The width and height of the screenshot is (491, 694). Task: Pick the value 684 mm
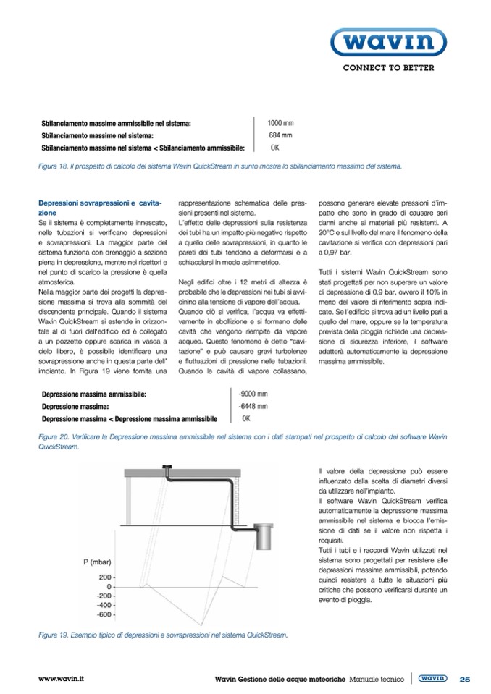(280, 135)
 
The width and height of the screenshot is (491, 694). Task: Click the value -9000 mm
(253, 394)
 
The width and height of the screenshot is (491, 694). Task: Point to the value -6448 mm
(253, 406)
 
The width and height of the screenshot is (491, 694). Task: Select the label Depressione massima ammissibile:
(94, 394)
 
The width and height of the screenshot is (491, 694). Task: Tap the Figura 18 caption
(219, 166)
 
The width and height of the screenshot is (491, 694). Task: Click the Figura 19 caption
(163, 635)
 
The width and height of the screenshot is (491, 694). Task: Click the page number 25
(464, 679)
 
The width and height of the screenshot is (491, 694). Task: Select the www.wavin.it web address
(62, 679)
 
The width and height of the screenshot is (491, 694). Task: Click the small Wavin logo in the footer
(433, 678)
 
